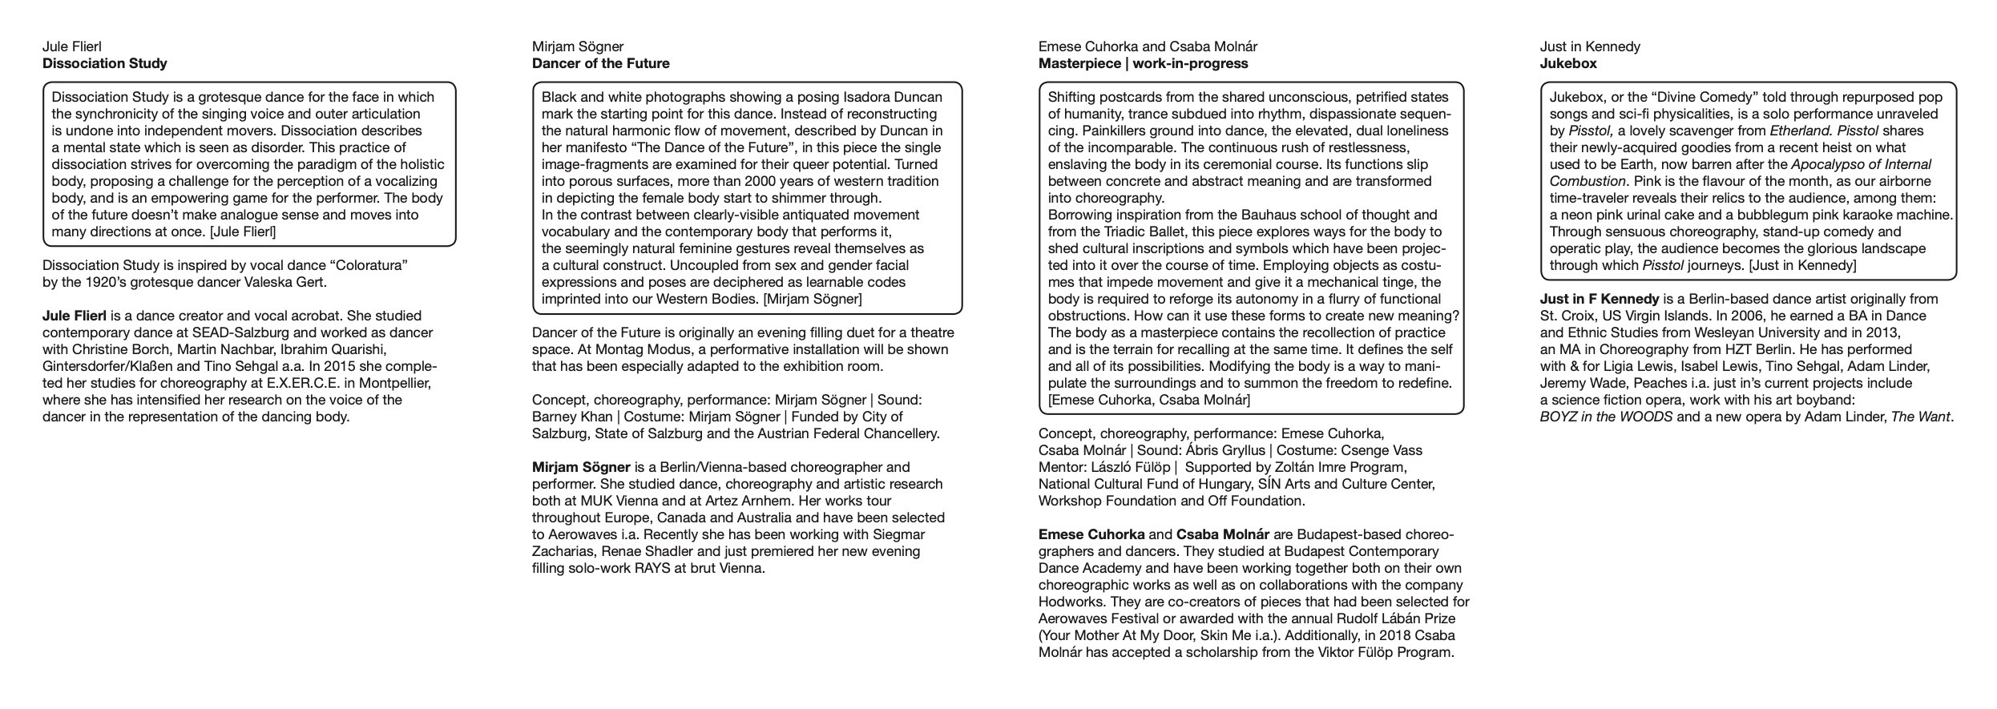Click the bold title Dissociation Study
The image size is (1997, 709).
point(104,63)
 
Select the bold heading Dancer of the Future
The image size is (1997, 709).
point(600,63)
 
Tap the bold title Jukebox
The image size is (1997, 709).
point(1567,63)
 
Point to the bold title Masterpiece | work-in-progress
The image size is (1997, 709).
point(1143,63)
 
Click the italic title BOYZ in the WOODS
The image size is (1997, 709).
point(1606,417)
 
